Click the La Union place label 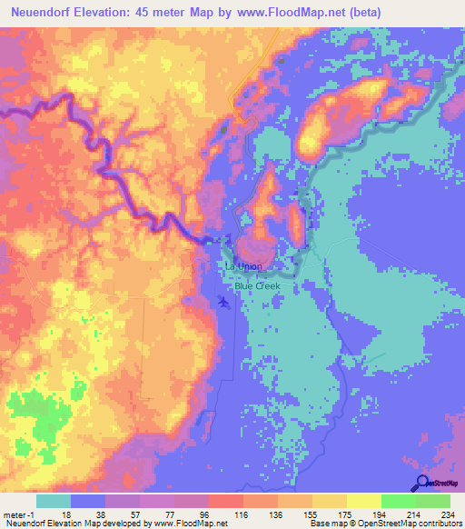(243, 266)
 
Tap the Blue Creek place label (257, 285)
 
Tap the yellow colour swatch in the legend (363, 501)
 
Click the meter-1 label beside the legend (18, 514)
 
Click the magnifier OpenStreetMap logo (422, 484)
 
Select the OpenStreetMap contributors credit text (407, 524)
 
